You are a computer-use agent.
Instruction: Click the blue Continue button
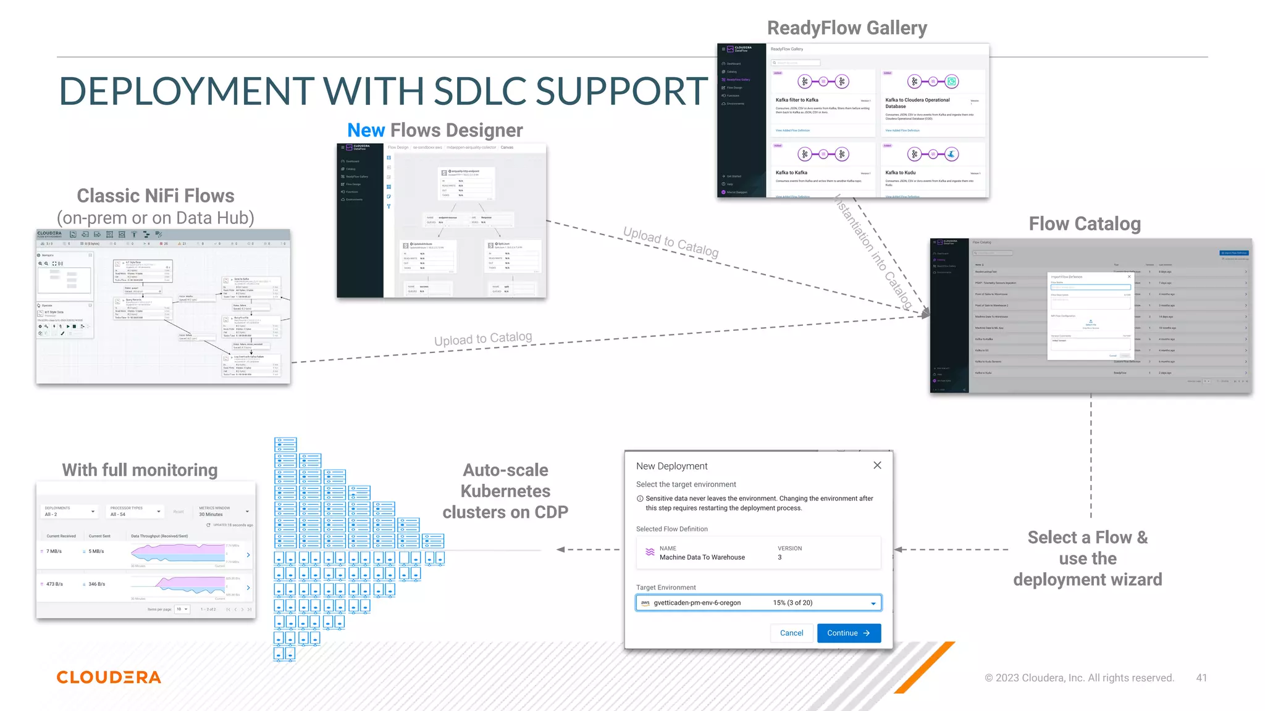[x=849, y=633]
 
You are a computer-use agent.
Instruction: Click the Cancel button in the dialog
[x=791, y=633]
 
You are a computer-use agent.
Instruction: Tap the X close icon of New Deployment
[x=877, y=465]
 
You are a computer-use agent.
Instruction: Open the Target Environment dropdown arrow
[x=873, y=604]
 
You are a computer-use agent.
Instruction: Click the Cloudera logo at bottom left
[x=109, y=677]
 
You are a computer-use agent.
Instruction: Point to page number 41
[x=1201, y=678]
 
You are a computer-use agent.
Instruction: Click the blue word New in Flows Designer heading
[x=366, y=130]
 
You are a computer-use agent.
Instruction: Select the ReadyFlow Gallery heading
[x=847, y=28]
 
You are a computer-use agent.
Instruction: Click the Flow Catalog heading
[x=1085, y=223]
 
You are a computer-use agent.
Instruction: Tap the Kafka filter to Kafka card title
[x=797, y=100]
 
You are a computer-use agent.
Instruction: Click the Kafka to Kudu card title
[x=900, y=173]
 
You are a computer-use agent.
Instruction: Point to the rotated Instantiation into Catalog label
[x=873, y=252]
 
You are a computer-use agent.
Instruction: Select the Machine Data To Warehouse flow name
[x=702, y=557]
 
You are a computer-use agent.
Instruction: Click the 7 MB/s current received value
[x=54, y=551]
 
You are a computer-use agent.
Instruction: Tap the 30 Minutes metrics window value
[x=211, y=514]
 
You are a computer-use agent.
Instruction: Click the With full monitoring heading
[x=140, y=470]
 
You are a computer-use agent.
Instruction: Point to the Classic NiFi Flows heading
[x=155, y=196]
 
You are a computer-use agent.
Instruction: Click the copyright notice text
[x=1078, y=678]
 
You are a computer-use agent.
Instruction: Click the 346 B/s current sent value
[x=96, y=584]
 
